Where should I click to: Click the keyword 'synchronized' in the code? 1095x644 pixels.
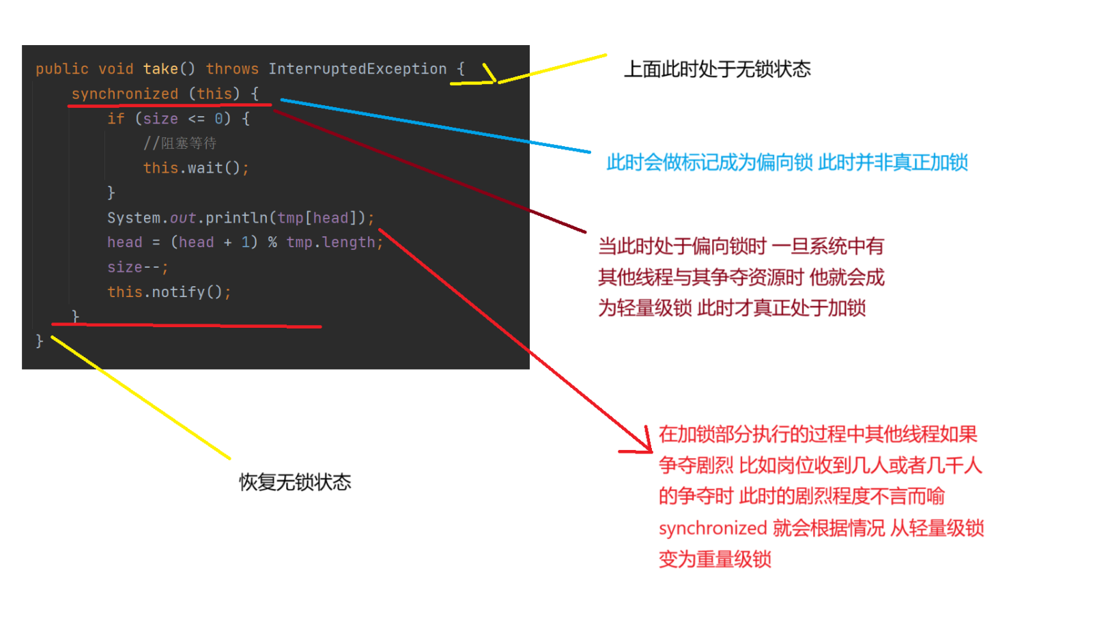pyautogui.click(x=124, y=94)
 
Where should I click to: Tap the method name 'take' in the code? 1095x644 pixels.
pyautogui.click(x=160, y=69)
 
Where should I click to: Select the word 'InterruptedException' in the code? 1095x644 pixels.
pyautogui.click(x=357, y=69)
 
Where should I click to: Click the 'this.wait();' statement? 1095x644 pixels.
pyautogui.click(x=196, y=168)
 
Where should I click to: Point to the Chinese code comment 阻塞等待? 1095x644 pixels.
pyautogui.click(x=188, y=143)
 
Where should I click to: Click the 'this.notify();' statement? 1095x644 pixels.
pyautogui.click(x=169, y=292)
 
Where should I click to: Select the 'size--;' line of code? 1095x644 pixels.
pyautogui.click(x=137, y=267)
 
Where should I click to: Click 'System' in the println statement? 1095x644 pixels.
pyautogui.click(x=134, y=218)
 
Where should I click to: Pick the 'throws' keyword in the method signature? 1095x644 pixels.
pyautogui.click(x=232, y=69)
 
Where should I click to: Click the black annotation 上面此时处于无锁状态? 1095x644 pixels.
pyautogui.click(x=717, y=69)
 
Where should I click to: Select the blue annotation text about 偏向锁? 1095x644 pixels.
pyautogui.click(x=786, y=163)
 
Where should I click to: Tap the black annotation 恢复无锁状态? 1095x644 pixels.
pyautogui.click(x=295, y=482)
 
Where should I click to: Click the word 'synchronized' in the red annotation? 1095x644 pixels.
pyautogui.click(x=713, y=528)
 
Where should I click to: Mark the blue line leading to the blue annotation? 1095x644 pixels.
pyautogui.click(x=437, y=126)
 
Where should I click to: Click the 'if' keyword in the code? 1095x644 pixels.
pyautogui.click(x=115, y=119)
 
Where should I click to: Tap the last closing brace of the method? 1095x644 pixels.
pyautogui.click(x=40, y=341)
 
